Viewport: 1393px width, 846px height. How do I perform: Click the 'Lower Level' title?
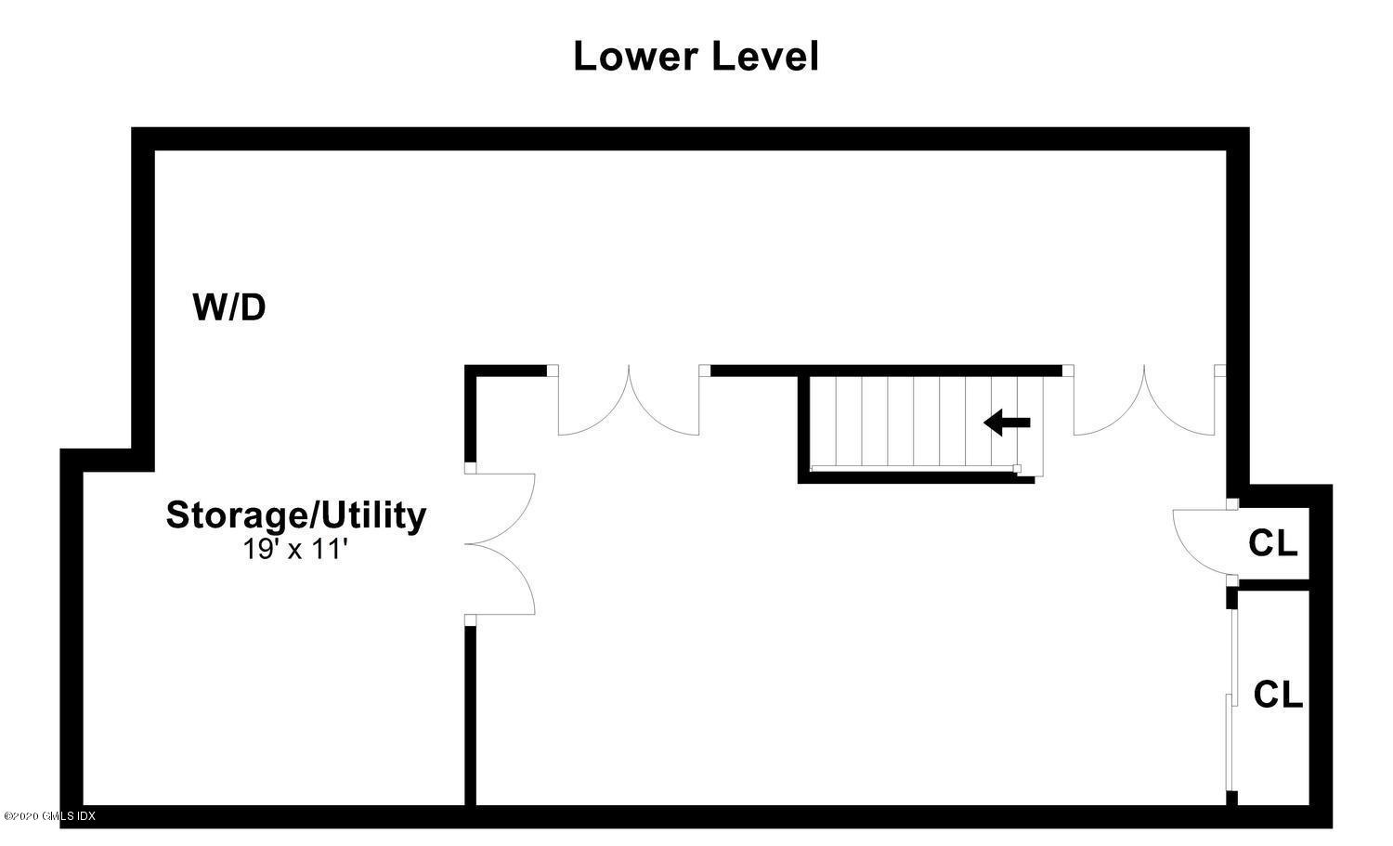[696, 57]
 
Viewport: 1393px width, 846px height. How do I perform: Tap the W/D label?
[229, 306]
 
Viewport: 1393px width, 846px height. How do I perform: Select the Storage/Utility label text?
[296, 515]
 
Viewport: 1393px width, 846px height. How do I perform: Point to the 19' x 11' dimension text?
[294, 549]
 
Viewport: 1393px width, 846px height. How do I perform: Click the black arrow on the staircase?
[1007, 423]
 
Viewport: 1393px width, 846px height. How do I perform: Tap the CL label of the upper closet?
[1273, 543]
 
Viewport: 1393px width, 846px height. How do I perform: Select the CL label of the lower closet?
[1278, 695]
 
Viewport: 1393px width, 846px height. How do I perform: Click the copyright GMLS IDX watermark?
[49, 815]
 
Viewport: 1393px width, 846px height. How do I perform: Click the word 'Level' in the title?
[765, 57]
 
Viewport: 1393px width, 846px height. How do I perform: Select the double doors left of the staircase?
[629, 400]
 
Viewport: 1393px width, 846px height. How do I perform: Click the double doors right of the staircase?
[1144, 400]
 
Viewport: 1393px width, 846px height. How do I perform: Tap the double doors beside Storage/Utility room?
[500, 544]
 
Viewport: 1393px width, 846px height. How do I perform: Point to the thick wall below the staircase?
[916, 477]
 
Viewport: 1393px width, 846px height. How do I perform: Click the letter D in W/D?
[253, 306]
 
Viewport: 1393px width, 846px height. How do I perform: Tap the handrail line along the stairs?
[914, 467]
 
